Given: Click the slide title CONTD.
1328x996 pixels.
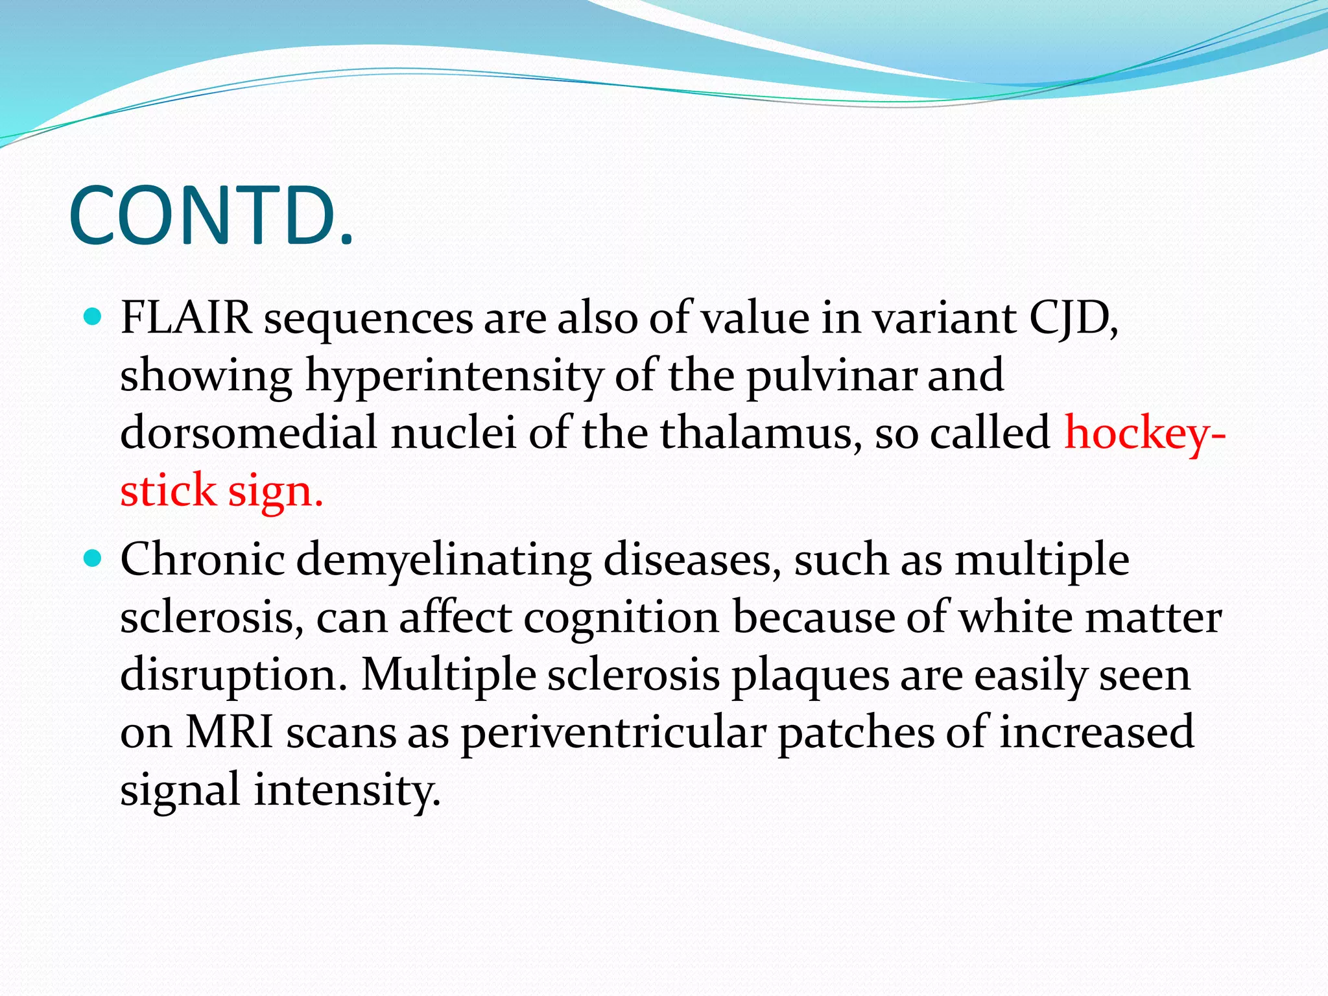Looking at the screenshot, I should coord(211,217).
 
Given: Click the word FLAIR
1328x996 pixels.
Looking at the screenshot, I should coord(186,318).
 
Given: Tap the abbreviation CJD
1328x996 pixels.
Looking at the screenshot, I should coord(1073,318).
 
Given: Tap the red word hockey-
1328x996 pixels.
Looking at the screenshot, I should coord(1145,433).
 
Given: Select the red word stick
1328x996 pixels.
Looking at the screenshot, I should coord(168,491).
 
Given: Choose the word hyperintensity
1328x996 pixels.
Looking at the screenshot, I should coord(454,377).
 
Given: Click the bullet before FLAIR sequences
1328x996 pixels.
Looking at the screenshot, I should coord(93,317).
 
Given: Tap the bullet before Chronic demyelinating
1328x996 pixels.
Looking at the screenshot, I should coord(93,558).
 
